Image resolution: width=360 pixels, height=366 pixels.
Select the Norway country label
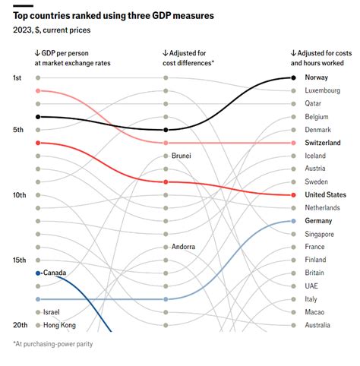[x=317, y=77]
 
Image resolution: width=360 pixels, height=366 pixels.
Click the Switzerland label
[x=322, y=143]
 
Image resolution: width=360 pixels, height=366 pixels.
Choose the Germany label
[x=319, y=221]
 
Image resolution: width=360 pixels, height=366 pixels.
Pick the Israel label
[x=52, y=312]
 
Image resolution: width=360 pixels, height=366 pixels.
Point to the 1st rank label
[x=18, y=77]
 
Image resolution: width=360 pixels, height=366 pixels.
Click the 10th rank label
[x=20, y=195]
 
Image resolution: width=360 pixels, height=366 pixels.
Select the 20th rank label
[x=20, y=325]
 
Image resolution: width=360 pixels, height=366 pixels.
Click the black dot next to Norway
[x=294, y=77]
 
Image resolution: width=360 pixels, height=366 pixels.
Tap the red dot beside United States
[x=294, y=195]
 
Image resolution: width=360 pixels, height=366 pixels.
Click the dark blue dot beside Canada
[x=37, y=273]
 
